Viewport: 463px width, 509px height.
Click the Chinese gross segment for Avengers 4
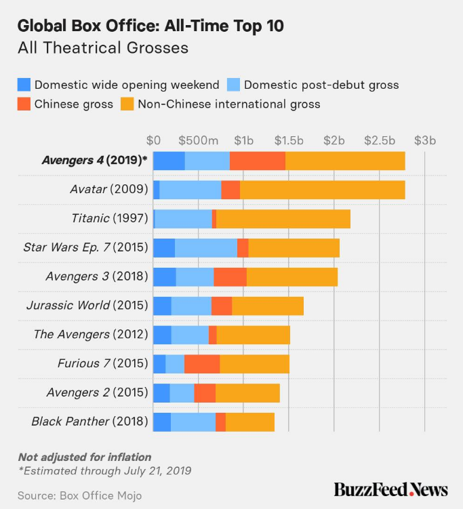click(258, 161)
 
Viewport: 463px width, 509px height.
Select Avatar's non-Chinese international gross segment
click(322, 190)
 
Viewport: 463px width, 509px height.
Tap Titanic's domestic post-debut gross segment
click(183, 219)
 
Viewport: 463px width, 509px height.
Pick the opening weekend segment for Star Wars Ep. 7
click(164, 248)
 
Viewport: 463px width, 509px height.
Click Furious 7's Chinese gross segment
click(202, 364)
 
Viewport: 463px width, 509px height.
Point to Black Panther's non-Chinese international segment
click(249, 422)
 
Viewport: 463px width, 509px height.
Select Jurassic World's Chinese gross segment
click(222, 306)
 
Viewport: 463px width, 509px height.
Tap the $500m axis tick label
click(199, 140)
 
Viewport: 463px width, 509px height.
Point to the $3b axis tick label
click(425, 140)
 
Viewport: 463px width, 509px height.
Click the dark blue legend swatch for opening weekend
click(24, 85)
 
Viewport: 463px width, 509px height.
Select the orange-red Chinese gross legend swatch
click(24, 104)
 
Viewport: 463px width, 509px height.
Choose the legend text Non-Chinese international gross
click(228, 104)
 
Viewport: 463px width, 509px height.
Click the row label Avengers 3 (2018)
click(96, 277)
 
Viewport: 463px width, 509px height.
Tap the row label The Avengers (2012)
click(91, 335)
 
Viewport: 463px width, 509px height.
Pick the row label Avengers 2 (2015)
click(97, 392)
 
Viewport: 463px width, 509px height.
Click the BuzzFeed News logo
click(390, 489)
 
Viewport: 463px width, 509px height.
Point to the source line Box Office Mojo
click(79, 495)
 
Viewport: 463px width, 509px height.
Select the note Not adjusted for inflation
click(84, 457)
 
